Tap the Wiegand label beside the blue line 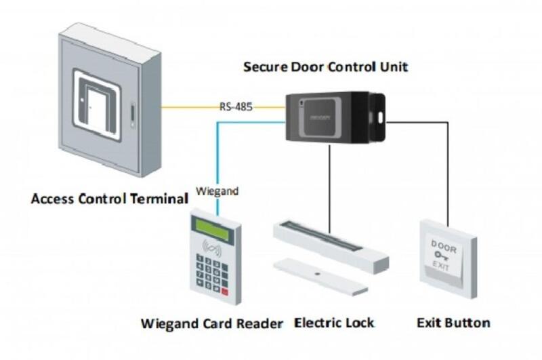[217, 192]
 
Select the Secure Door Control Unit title [325, 67]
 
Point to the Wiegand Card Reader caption [211, 323]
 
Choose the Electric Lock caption [334, 323]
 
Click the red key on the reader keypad [225, 292]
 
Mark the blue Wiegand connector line [217, 156]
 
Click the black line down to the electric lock [329, 183]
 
